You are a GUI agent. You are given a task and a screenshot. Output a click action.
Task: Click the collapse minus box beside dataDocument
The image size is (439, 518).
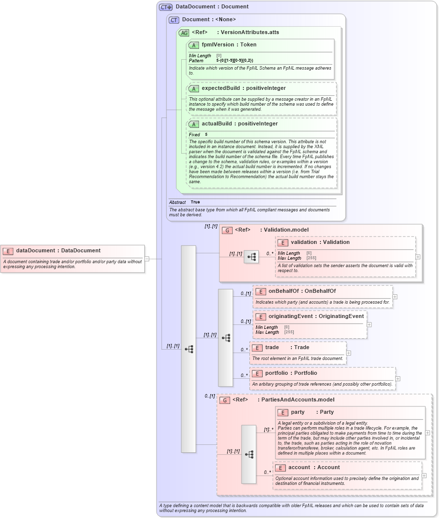point(147,258)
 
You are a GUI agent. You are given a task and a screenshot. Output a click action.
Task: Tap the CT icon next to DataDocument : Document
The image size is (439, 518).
point(165,7)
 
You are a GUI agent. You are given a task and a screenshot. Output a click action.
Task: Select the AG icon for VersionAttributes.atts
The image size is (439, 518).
point(184,33)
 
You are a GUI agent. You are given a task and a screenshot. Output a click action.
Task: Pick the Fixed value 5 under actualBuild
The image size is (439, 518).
point(206,134)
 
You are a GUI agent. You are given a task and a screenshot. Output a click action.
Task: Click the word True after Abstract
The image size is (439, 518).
point(195,202)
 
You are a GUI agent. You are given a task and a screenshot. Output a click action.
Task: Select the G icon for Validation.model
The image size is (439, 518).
point(227,230)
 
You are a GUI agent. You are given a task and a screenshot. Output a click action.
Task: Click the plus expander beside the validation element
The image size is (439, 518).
point(418,257)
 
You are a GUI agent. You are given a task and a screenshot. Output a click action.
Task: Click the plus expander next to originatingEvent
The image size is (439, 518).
point(369,325)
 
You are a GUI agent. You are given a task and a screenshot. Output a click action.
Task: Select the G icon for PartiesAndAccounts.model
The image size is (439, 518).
point(225,400)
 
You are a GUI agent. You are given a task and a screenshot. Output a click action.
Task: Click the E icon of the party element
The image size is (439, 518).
point(282,412)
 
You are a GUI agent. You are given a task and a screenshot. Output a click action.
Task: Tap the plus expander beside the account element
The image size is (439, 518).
point(424,476)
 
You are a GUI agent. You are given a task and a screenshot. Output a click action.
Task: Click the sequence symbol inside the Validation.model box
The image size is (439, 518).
point(251,257)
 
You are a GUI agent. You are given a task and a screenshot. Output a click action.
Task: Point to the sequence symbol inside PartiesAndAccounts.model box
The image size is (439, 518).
point(249,454)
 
